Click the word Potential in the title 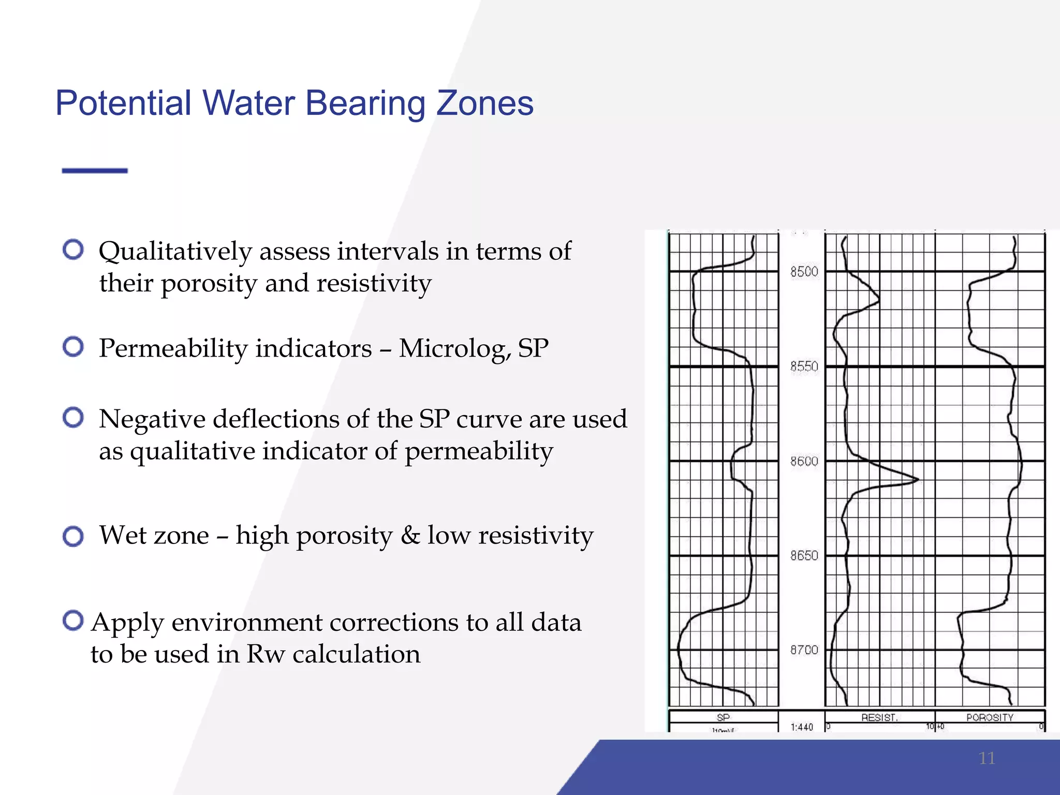124,104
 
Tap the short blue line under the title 95,170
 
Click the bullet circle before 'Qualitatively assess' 73,249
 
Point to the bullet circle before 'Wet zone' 73,536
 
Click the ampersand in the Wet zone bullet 410,536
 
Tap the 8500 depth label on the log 804,272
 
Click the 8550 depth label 804,366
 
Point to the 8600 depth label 804,461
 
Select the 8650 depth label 804,555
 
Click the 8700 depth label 804,650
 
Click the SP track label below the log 723,717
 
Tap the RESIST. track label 879,717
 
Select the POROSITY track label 989,717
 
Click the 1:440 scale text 802,727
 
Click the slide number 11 987,758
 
